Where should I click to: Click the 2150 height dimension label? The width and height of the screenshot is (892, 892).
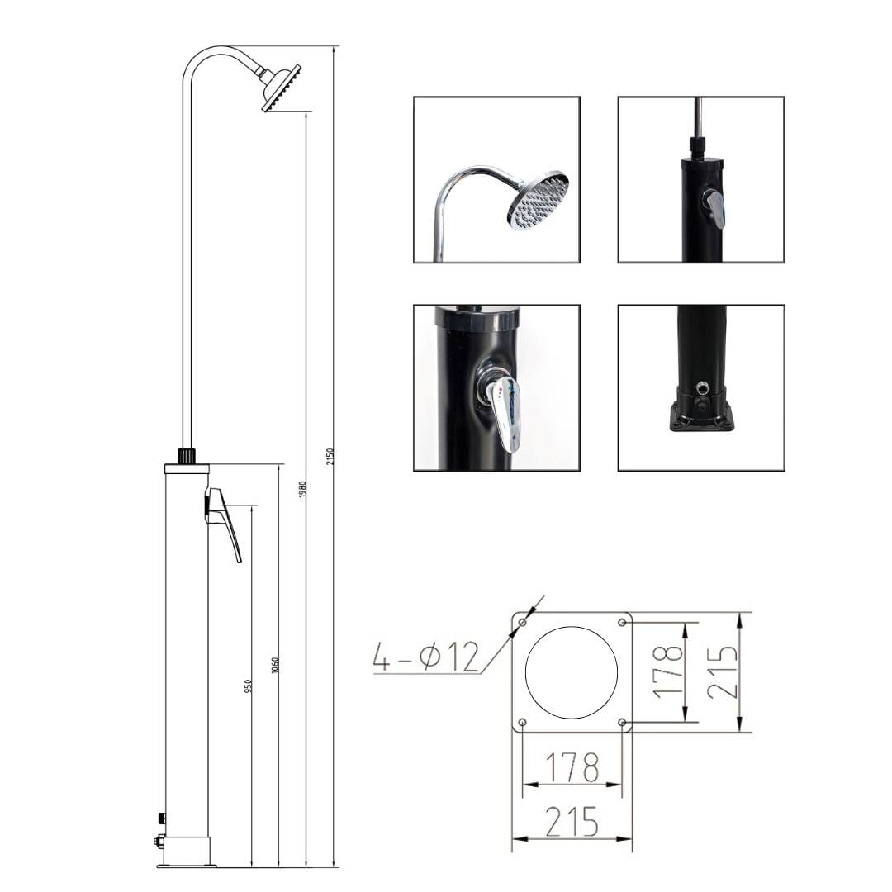click(330, 457)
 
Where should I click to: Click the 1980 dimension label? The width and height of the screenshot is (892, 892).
click(302, 491)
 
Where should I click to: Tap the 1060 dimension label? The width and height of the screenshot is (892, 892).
click(275, 666)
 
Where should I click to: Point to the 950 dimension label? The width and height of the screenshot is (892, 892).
click(248, 686)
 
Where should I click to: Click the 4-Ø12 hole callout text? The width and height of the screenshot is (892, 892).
click(426, 657)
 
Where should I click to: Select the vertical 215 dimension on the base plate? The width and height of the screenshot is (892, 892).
click(723, 672)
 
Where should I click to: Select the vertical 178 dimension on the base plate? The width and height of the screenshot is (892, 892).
click(667, 671)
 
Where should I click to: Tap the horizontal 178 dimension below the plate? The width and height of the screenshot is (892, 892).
click(572, 767)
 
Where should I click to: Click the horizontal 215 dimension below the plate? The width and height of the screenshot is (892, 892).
click(572, 822)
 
